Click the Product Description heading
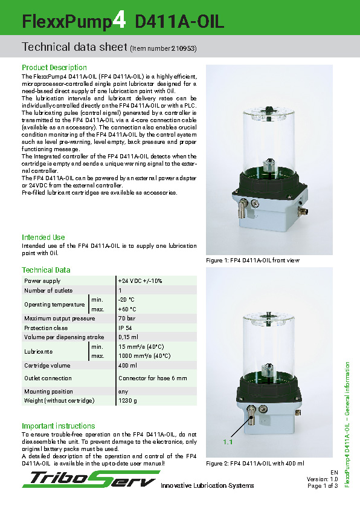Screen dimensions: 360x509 [x=54, y=68]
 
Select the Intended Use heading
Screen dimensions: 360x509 [x=43, y=238]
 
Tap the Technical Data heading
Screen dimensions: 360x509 [x=46, y=270]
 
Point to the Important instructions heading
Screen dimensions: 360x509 [x=59, y=426]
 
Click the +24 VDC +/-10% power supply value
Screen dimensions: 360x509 [x=140, y=281]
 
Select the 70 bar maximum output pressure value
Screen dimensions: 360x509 [x=127, y=319]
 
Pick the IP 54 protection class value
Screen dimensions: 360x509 [x=126, y=328]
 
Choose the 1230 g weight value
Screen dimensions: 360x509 [x=127, y=401]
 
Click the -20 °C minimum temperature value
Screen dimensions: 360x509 [x=126, y=300]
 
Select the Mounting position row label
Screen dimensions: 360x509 [x=48, y=392]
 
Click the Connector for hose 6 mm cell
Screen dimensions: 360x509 [x=153, y=378]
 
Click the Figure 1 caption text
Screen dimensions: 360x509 [x=253, y=261]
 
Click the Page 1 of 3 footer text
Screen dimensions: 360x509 [x=323, y=485]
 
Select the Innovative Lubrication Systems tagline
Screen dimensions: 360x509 [x=207, y=486]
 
